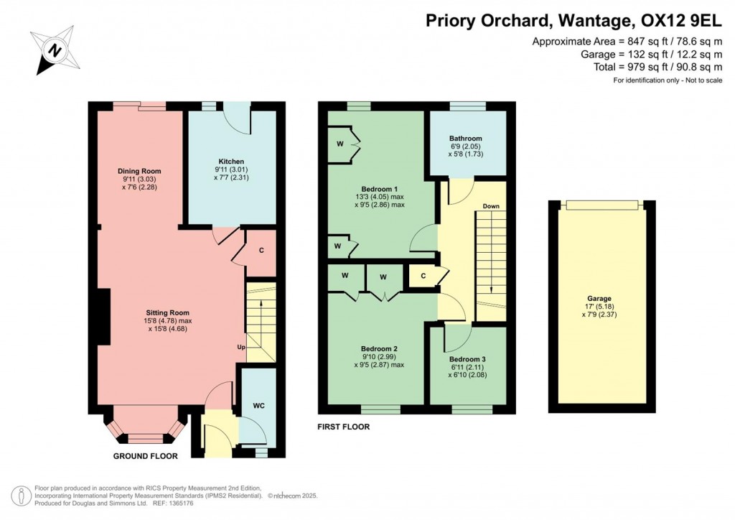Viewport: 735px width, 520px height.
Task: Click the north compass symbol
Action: tap(52, 50)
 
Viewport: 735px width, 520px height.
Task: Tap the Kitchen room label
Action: tap(231, 162)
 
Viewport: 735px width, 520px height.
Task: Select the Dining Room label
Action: tap(139, 171)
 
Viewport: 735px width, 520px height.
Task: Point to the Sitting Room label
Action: tap(167, 312)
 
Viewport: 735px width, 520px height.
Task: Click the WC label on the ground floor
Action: tap(258, 406)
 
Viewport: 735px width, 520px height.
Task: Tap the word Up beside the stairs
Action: tap(242, 348)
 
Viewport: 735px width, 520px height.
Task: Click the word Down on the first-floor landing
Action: tap(491, 206)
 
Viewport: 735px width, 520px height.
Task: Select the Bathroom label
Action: tap(465, 139)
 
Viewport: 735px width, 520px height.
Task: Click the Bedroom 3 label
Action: tap(467, 359)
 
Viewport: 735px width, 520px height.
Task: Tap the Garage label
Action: tap(599, 298)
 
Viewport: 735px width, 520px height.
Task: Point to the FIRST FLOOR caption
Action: tap(344, 427)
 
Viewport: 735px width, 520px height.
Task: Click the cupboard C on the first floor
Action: tap(423, 276)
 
